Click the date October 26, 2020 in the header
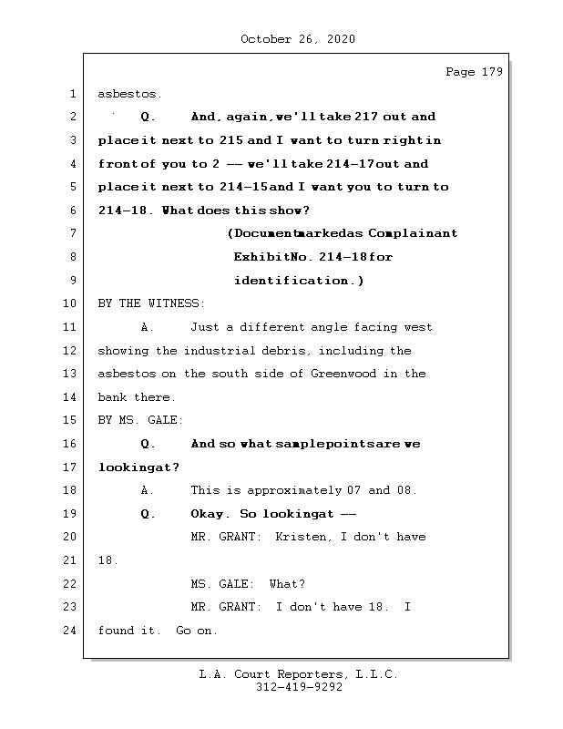click(298, 39)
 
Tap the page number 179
click(491, 72)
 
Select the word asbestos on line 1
click(128, 94)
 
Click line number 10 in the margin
click(71, 303)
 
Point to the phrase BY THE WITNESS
click(151, 303)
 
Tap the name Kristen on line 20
click(302, 537)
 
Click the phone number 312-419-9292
click(299, 689)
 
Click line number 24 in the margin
click(71, 631)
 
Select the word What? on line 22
click(287, 584)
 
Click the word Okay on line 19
click(210, 514)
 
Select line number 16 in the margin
click(71, 444)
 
